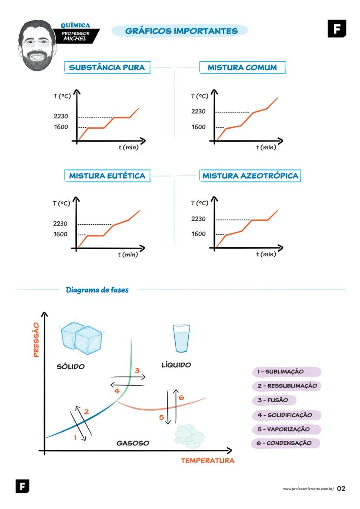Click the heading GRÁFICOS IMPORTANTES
tap(181, 31)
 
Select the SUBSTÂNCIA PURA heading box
tap(107, 68)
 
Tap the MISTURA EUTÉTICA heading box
tap(107, 176)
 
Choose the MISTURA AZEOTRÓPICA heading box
tap(250, 176)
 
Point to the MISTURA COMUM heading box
tap(242, 68)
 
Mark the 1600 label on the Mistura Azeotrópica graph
tap(198, 234)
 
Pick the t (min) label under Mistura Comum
tap(266, 148)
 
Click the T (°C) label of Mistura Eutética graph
tap(61, 203)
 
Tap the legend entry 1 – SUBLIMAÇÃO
tap(286, 372)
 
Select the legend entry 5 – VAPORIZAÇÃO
tap(286, 429)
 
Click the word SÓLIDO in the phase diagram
tap(70, 367)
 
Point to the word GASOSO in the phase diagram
tap(133, 443)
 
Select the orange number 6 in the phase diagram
tap(181, 397)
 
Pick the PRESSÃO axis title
tap(37, 340)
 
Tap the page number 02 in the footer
tap(341, 489)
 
